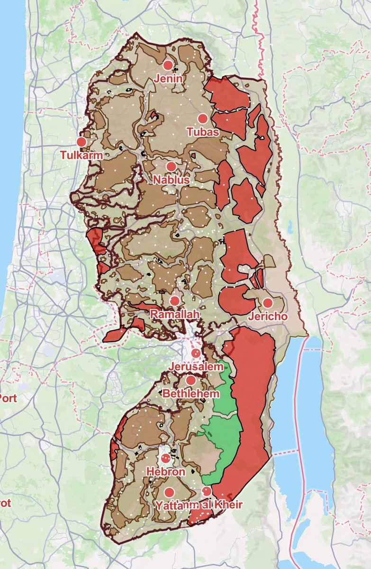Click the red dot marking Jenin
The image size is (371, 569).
point(168,65)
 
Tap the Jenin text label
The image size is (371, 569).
point(168,78)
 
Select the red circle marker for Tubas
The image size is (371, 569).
point(203,119)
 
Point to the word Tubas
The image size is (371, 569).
point(203,132)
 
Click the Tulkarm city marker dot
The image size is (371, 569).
point(81,142)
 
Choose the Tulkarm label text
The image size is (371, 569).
point(81,155)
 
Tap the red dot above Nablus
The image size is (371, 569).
point(171,167)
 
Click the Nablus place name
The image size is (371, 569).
point(171,180)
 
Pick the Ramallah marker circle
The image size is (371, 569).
point(174,301)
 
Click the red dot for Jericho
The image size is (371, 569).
point(268,303)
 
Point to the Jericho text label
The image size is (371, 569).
point(267,316)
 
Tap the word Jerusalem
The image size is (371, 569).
point(196,367)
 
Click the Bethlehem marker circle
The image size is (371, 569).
point(191,380)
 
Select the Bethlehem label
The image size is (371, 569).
point(191,393)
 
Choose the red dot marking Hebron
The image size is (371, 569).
point(165,458)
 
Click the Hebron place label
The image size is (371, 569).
point(165,472)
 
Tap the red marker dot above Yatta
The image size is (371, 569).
point(169,492)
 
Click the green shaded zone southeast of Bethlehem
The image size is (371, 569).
point(223,427)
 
